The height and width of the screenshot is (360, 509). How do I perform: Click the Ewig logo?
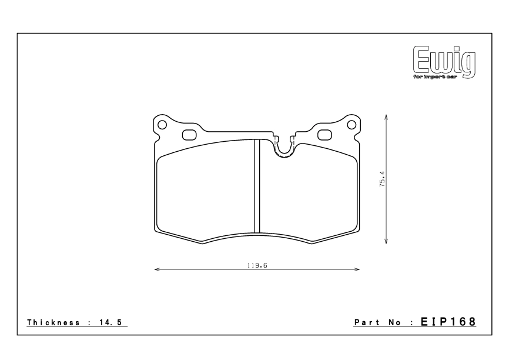444,62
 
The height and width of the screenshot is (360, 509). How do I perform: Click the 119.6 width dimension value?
257,265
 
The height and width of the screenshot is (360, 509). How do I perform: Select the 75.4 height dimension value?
382,179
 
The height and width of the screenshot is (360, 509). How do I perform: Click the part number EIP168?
448,322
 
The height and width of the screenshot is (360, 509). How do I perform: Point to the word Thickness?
53,322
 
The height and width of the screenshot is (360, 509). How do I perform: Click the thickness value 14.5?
110,322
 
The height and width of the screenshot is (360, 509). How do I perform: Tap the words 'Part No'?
378,322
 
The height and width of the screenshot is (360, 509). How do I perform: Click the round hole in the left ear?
162,125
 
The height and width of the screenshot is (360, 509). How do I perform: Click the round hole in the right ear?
351,125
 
